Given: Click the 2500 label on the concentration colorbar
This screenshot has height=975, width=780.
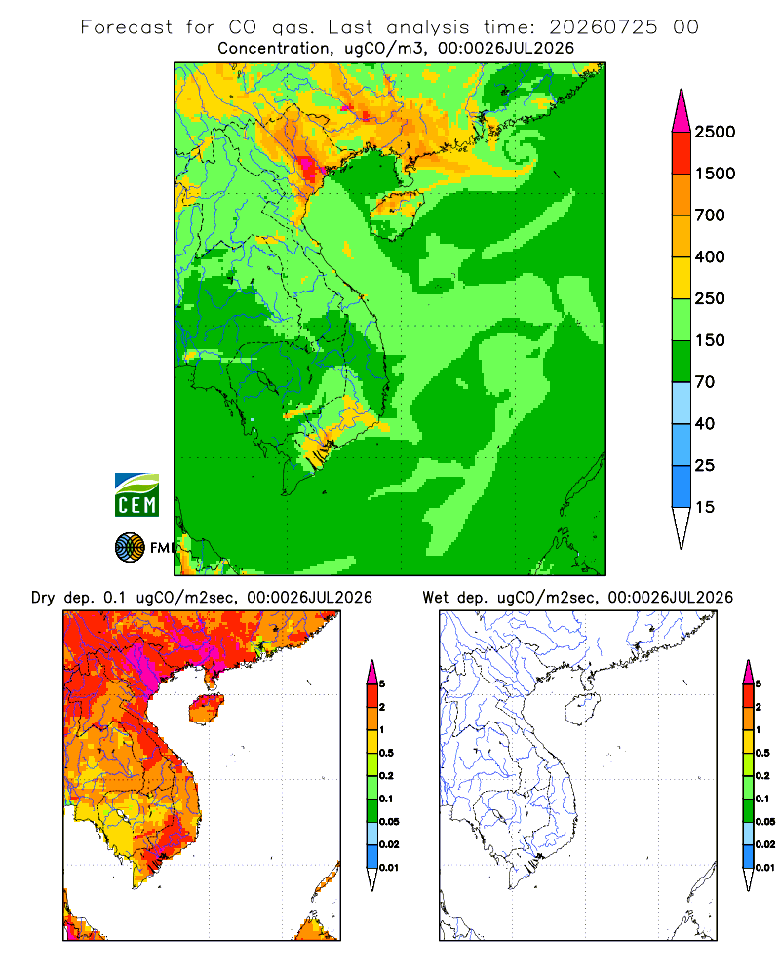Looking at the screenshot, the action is tap(715, 132).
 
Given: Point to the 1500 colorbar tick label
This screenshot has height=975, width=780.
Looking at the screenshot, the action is tap(715, 174).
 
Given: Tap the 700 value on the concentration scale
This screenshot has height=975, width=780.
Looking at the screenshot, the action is tap(710, 215).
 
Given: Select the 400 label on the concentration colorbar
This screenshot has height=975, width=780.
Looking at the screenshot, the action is tap(710, 256).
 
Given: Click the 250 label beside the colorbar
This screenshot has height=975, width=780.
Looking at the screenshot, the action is tap(710, 298).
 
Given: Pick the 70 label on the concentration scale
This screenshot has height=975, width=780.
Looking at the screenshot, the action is tap(705, 382).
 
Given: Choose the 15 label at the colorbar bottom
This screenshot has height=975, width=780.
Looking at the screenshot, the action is tap(705, 507).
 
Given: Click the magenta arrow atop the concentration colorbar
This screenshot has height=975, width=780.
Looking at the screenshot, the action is tap(682, 112).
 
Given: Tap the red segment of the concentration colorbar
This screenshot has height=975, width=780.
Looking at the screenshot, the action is tap(682, 153).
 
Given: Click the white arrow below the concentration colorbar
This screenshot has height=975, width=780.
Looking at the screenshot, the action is tap(682, 526).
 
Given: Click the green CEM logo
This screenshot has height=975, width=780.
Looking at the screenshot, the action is tap(136, 495).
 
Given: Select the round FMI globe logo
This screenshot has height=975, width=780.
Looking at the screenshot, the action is tap(130, 548).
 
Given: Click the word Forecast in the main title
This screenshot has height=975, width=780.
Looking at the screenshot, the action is tap(127, 27).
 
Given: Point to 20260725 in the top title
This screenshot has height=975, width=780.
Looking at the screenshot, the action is tap(603, 27).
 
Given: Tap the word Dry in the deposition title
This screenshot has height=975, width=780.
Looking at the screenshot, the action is tap(43, 598).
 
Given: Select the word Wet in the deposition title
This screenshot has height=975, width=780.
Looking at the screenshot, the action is tap(436, 598).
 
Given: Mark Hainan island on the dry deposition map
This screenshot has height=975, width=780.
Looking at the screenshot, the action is tap(207, 709).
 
